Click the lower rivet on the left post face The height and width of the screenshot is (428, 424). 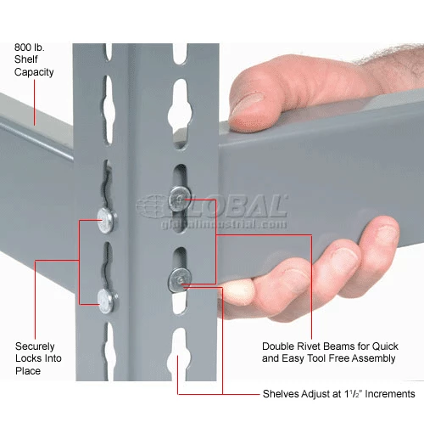108,301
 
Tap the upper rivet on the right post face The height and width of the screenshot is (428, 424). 180,199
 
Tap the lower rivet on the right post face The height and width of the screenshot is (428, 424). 180,279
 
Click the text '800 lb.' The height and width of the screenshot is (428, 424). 30,48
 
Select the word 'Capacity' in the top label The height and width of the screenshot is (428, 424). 34,72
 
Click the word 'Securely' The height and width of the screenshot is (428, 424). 35,346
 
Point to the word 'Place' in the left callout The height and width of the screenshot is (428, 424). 28,371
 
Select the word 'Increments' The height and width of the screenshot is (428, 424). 390,394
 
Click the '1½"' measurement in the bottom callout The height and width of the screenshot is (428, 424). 353,394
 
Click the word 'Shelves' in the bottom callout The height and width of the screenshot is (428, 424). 280,394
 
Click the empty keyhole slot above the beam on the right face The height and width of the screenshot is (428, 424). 180,113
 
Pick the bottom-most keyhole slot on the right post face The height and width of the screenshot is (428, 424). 179,354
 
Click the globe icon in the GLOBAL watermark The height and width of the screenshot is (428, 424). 150,206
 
